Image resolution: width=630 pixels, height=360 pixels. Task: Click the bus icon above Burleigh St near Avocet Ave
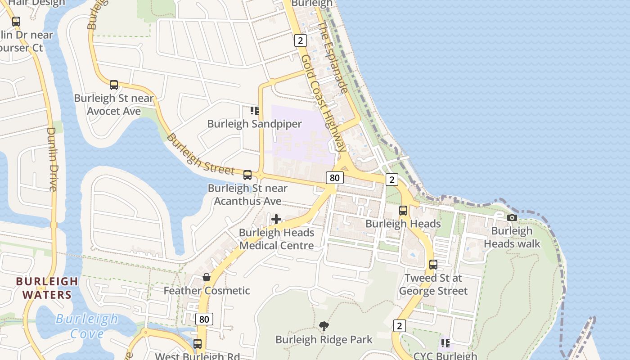click(x=114, y=85)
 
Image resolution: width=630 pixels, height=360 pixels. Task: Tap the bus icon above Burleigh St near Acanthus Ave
click(x=247, y=175)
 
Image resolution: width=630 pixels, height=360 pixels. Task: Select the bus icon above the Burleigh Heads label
click(x=403, y=210)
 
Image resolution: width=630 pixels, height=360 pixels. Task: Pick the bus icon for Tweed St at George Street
click(x=433, y=265)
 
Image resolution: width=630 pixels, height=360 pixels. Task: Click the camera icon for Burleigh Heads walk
click(x=512, y=217)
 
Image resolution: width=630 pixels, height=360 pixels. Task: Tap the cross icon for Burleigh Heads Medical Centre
click(x=276, y=219)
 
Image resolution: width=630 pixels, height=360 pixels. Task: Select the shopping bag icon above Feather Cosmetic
click(x=207, y=277)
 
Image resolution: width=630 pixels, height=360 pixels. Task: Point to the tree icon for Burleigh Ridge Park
click(x=324, y=326)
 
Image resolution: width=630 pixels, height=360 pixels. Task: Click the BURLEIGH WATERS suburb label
click(x=47, y=288)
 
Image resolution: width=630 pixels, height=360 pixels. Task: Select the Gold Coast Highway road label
click(x=324, y=103)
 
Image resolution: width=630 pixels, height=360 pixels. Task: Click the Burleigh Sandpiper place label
click(x=254, y=124)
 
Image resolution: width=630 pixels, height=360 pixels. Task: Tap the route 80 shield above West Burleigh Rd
click(x=204, y=319)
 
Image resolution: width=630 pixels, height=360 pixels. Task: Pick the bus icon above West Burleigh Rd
click(x=198, y=344)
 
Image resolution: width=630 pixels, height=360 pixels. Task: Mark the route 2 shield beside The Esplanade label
click(x=301, y=40)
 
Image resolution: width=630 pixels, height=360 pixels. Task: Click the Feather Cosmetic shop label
click(x=207, y=291)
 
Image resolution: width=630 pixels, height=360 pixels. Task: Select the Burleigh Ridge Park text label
click(x=324, y=339)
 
